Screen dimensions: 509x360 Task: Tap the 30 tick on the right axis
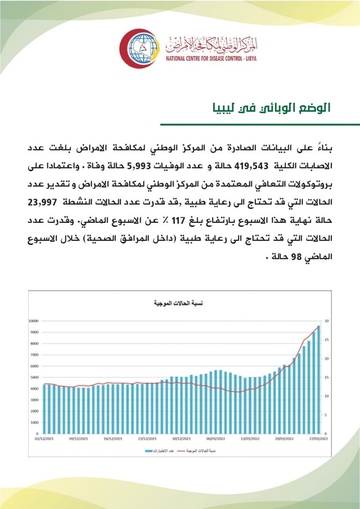coord(326,321)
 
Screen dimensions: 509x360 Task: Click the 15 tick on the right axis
coord(326,377)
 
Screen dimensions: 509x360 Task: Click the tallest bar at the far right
coord(318,379)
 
